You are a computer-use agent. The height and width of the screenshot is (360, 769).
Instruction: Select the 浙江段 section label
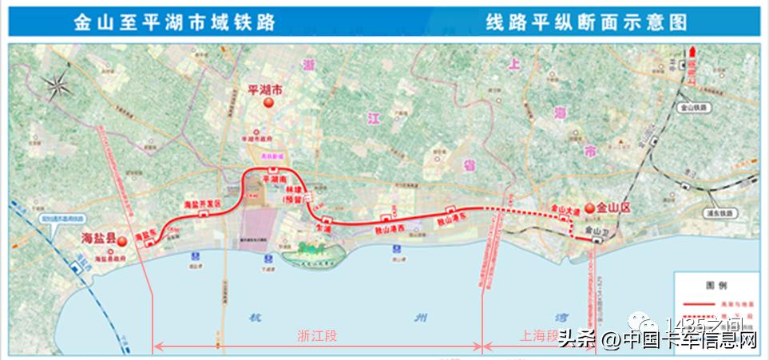click(319, 336)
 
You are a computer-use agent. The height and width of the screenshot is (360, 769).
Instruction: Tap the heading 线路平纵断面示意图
click(586, 22)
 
